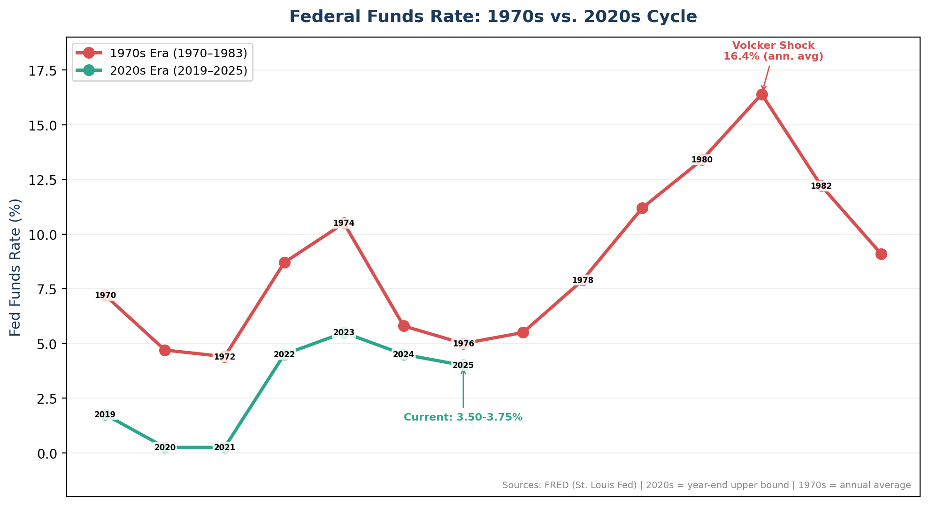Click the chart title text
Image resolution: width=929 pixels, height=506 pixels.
pos(493,17)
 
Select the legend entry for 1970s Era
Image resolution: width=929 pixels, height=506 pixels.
pos(178,53)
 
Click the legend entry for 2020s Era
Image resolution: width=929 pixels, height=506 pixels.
pos(178,71)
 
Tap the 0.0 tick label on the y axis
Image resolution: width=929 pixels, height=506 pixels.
pos(46,453)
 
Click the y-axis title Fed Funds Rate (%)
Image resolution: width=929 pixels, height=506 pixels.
pos(15,267)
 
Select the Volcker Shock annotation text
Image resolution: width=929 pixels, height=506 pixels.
pos(773,51)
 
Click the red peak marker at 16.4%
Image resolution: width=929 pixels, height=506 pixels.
pos(762,95)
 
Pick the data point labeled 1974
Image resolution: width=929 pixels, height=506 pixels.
pos(344,223)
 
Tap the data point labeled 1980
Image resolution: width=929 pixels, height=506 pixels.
pos(702,160)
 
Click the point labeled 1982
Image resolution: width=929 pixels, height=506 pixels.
pos(821,186)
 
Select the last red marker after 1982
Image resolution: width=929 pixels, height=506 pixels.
pos(881,254)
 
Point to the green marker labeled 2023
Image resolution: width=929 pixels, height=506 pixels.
pos(344,332)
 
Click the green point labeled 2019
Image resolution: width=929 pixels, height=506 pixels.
pos(105,414)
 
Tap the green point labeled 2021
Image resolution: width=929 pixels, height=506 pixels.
pos(224,447)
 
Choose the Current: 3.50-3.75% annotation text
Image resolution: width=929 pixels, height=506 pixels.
pos(463,417)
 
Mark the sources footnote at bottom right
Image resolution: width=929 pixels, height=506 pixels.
pos(706,485)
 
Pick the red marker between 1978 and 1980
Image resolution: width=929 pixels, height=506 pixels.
pos(642,208)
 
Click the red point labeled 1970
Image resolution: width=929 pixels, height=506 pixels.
pos(105,295)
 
